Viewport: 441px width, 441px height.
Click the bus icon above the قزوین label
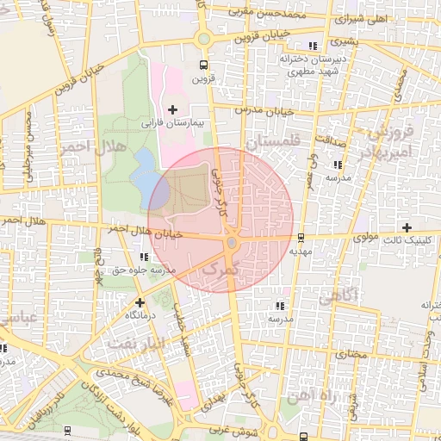pos(203,65)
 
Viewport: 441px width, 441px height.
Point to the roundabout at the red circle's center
pos(231,244)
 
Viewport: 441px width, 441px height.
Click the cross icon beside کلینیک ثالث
pos(407,227)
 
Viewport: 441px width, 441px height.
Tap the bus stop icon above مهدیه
pos(300,237)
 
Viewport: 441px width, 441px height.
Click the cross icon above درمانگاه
pos(140,302)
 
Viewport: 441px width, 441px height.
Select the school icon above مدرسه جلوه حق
pos(144,256)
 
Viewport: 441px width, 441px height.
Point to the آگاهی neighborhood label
pos(343,297)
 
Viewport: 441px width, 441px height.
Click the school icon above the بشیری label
pos(312,46)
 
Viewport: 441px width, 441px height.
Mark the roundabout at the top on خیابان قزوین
pos(204,38)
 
